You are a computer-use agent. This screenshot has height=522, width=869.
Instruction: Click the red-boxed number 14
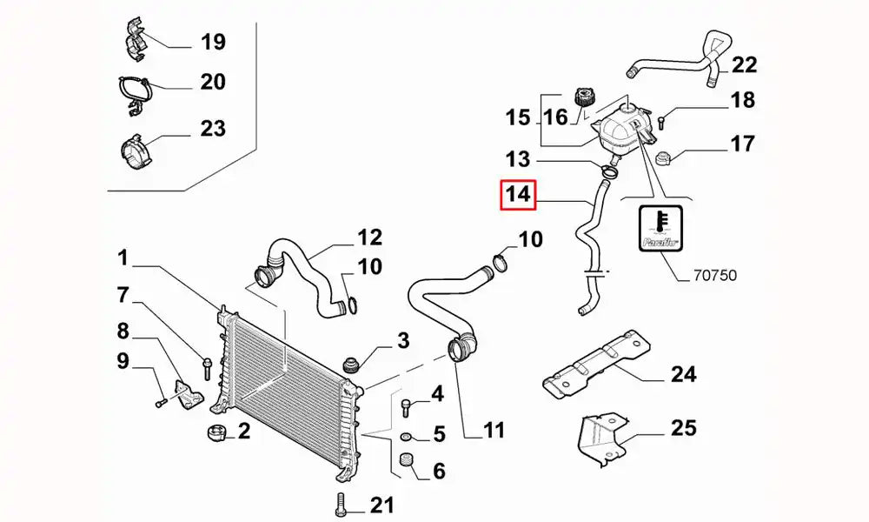(518, 196)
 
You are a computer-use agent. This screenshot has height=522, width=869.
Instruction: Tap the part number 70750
(714, 276)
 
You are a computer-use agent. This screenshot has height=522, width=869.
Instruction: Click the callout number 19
(213, 41)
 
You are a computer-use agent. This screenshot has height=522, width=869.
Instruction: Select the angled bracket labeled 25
(601, 435)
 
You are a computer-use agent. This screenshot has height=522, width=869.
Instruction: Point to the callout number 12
(369, 237)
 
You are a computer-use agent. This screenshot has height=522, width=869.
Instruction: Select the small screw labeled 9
(162, 403)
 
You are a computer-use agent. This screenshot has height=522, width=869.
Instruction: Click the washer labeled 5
(407, 435)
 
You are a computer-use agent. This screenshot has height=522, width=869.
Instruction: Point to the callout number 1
(123, 258)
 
